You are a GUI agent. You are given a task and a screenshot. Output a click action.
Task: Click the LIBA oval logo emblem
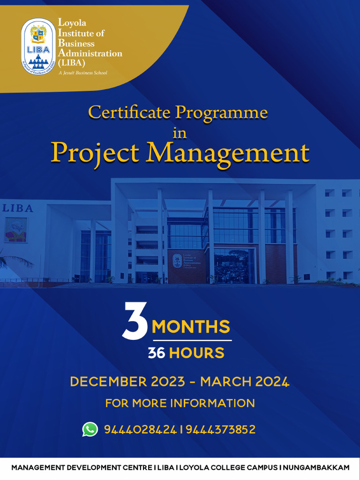pos(38,47)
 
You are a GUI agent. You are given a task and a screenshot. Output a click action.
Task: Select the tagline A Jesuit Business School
pos(82,73)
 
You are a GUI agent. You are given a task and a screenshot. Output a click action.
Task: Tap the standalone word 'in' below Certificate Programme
pos(180,133)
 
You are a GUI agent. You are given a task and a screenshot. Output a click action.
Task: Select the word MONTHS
pos(191,326)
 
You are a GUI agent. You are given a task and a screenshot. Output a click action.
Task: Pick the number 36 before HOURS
pos(157,353)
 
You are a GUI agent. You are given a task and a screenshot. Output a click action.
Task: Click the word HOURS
pos(196,353)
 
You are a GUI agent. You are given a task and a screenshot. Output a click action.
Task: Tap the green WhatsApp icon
pos(90,429)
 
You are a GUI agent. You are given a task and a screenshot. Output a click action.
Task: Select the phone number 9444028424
pos(140,429)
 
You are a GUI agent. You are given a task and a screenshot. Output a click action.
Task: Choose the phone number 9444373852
pos(221,429)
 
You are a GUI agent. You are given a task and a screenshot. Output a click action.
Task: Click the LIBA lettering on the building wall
pos(17,209)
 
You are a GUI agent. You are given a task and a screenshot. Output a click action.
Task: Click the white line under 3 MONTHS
pos(192,340)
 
